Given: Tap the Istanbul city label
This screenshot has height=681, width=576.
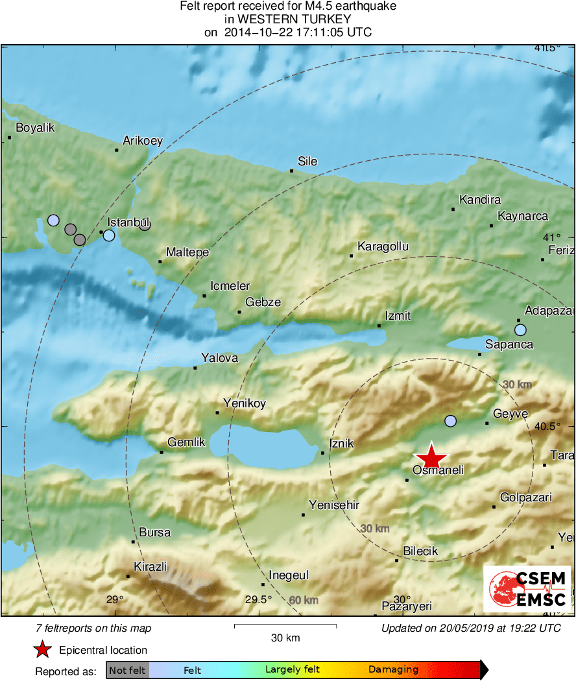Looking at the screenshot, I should click(x=128, y=222).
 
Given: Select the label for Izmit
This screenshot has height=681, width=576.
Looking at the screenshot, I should click(x=398, y=315).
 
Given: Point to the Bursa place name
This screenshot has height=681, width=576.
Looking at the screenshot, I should click(x=155, y=532).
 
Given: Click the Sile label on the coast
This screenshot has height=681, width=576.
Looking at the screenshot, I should click(x=307, y=161).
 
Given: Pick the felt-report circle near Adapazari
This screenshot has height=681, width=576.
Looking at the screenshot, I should click(x=520, y=330).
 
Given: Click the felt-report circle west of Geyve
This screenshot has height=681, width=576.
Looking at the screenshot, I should click(x=451, y=421).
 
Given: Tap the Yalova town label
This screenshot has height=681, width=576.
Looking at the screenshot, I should click(x=219, y=358).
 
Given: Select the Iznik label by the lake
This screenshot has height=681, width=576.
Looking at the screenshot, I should click(x=342, y=444).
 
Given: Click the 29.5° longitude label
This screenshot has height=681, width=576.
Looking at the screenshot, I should click(x=258, y=599).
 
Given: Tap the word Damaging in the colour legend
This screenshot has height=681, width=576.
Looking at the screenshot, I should click(x=394, y=669).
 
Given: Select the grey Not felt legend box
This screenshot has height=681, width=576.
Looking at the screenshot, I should click(x=127, y=669).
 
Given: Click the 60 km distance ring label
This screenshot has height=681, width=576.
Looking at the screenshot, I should click(x=304, y=600).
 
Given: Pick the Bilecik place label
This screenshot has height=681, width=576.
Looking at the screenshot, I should click(x=420, y=551).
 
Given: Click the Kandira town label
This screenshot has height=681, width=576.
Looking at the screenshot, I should click(x=479, y=200).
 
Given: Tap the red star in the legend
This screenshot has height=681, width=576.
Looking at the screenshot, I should click(x=43, y=649).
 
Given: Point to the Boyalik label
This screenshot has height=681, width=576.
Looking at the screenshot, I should click(x=35, y=128).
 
